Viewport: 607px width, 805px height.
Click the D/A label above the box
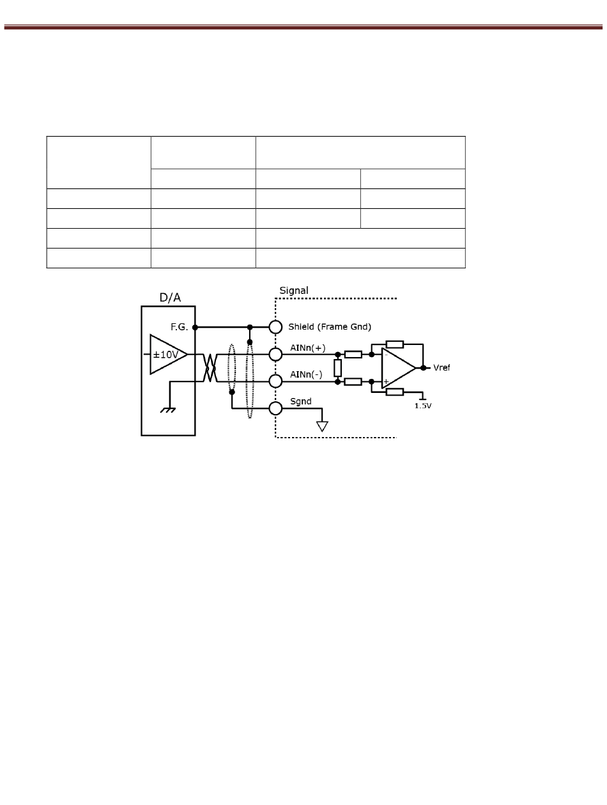tap(170, 297)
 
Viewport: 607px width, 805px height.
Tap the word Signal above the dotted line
tap(294, 291)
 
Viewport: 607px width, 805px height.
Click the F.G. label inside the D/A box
tap(179, 327)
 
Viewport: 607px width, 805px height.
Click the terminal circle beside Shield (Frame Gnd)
tap(275, 327)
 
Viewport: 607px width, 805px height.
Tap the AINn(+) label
tap(307, 348)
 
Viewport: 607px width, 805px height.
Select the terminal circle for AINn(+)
tap(275, 355)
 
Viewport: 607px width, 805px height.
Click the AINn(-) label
tap(306, 374)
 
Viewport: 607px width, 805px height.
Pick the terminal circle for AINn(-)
tap(275, 381)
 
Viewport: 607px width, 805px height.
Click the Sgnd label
tap(301, 401)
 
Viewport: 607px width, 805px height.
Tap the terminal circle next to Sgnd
tap(275, 408)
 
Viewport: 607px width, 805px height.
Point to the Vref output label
tap(442, 368)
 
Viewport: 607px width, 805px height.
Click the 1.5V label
tap(422, 406)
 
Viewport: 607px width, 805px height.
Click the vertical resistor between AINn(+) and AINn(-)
tap(337, 368)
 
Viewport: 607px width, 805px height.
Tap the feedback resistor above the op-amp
tap(395, 344)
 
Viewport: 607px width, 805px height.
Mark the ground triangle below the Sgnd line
tap(322, 426)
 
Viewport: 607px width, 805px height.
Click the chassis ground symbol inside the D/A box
tap(168, 410)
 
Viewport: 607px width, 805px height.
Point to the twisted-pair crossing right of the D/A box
tap(209, 368)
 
